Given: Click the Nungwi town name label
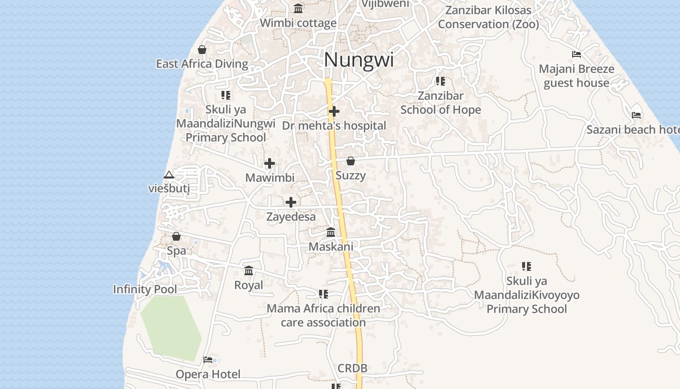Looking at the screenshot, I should pyautogui.click(x=358, y=60).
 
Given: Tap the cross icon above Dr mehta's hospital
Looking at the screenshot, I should pyautogui.click(x=334, y=111).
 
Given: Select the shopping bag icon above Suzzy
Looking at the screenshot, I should pyautogui.click(x=351, y=161).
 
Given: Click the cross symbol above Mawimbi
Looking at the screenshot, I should pyautogui.click(x=270, y=163).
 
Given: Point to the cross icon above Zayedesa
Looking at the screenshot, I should pyautogui.click(x=291, y=202).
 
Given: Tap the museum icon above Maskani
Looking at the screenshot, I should pyautogui.click(x=331, y=232).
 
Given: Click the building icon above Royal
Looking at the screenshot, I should pyautogui.click(x=249, y=270).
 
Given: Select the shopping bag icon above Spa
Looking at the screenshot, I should pyautogui.click(x=176, y=236).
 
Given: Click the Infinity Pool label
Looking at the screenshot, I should pyautogui.click(x=145, y=289).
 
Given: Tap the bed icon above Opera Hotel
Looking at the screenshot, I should pyautogui.click(x=208, y=360).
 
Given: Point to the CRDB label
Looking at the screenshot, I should pyautogui.click(x=353, y=369).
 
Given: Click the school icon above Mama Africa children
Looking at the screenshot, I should pyautogui.click(x=323, y=294).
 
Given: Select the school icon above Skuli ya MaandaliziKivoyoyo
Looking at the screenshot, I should pyautogui.click(x=527, y=266).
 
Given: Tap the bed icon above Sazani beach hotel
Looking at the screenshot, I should pyautogui.click(x=636, y=115).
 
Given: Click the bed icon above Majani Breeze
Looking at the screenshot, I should pyautogui.click(x=577, y=54).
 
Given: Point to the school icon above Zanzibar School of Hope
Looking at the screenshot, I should pyautogui.click(x=441, y=81).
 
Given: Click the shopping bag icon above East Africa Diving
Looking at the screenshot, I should pyautogui.click(x=202, y=50).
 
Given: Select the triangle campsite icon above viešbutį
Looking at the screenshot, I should pyautogui.click(x=169, y=175).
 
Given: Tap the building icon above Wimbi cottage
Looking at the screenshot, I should pyautogui.click(x=298, y=9).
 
